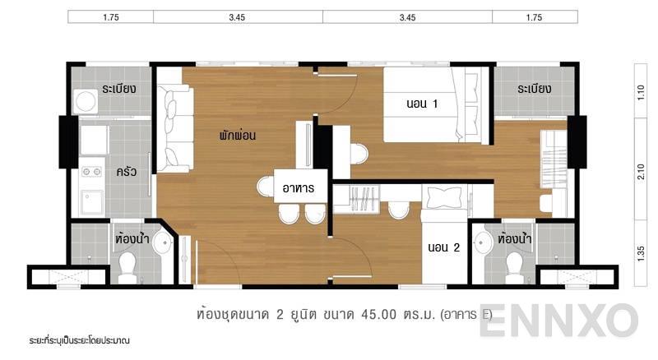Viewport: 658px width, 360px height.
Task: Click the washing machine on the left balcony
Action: [85, 102]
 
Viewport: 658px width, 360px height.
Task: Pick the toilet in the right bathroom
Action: [515, 265]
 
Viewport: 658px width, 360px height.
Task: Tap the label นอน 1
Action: [422, 104]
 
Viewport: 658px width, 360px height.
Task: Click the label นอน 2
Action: [443, 246]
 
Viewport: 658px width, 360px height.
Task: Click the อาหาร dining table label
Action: [300, 188]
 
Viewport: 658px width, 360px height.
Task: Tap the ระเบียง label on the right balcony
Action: [534, 89]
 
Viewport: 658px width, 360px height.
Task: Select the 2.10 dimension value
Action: [642, 170]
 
